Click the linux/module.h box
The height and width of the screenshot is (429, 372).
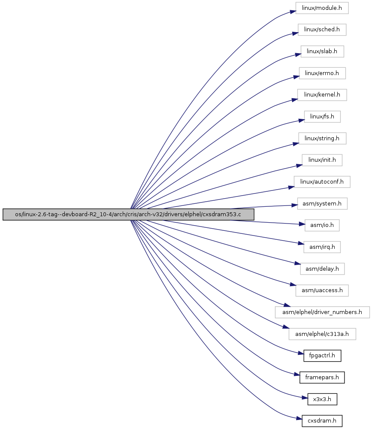(322, 8)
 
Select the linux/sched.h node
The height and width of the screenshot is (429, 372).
(322, 30)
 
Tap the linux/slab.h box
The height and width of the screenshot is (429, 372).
(322, 51)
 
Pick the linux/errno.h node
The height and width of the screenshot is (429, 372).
(322, 73)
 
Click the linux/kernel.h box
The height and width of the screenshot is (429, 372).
(322, 95)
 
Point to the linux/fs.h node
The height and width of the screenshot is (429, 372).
(322, 117)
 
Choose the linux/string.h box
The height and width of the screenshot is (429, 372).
(322, 139)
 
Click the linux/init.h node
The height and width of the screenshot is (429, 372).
(322, 160)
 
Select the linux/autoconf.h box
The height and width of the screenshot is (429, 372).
(322, 181)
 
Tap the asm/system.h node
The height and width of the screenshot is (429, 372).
(322, 203)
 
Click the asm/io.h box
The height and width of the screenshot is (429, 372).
(322, 225)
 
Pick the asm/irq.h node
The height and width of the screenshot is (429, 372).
(322, 247)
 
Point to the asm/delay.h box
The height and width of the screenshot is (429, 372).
(322, 269)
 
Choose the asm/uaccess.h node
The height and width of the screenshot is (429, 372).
(322, 290)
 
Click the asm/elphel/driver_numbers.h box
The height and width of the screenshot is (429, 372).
(322, 312)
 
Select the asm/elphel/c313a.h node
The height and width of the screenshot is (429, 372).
(322, 334)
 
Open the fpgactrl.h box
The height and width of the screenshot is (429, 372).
(322, 356)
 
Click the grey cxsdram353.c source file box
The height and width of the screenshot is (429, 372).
(128, 214)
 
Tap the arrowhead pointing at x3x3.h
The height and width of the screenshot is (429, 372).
(305, 398)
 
